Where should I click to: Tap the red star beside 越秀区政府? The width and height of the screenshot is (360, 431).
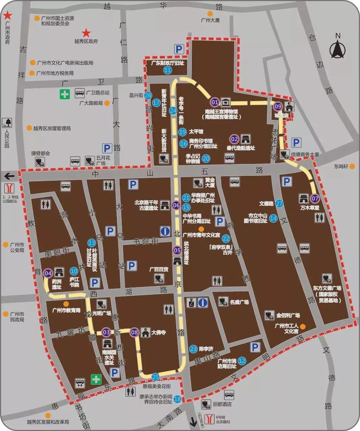coord(86,33)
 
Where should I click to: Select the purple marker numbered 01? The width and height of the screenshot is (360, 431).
coord(215,102)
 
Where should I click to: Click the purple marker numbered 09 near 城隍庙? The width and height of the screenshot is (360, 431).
coord(278,106)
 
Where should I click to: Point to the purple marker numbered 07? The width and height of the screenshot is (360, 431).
coord(314,198)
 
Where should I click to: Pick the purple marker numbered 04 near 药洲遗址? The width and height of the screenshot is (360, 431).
coord(48,273)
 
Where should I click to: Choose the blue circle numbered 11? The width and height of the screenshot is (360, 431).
coord(168,70)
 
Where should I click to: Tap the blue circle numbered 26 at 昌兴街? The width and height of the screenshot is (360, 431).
coord(148,95)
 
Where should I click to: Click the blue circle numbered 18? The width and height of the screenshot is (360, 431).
coord(177,399)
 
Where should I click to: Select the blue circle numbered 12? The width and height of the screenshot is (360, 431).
coord(242,361)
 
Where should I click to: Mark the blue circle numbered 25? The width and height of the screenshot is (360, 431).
coord(155,377)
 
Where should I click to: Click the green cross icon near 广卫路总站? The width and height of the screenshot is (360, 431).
coord(65,94)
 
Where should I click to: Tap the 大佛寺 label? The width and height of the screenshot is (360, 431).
coord(158,332)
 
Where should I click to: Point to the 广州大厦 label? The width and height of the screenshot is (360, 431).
coord(210,20)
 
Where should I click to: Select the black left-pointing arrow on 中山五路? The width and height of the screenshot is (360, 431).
coord(9,175)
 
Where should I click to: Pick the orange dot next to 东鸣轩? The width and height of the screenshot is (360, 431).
coord(352,166)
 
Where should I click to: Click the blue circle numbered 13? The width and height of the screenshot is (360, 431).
coord(91,242)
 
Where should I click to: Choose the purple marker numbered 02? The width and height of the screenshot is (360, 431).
coord(234,139)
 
